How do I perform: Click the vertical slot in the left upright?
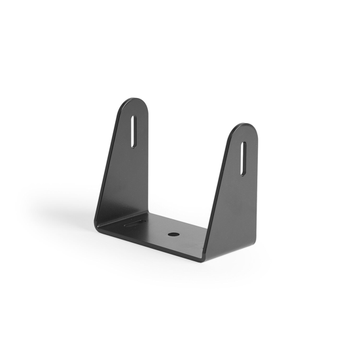tap(134, 132)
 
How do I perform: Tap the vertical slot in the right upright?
tap(243, 158)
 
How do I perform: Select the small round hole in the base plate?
tap(173, 233)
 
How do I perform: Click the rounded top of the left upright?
tap(135, 103)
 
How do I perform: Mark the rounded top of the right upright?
tap(244, 128)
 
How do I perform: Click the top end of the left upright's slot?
tap(134, 118)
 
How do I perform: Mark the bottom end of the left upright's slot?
tap(134, 145)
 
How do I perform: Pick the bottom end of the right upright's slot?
tap(243, 173)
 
